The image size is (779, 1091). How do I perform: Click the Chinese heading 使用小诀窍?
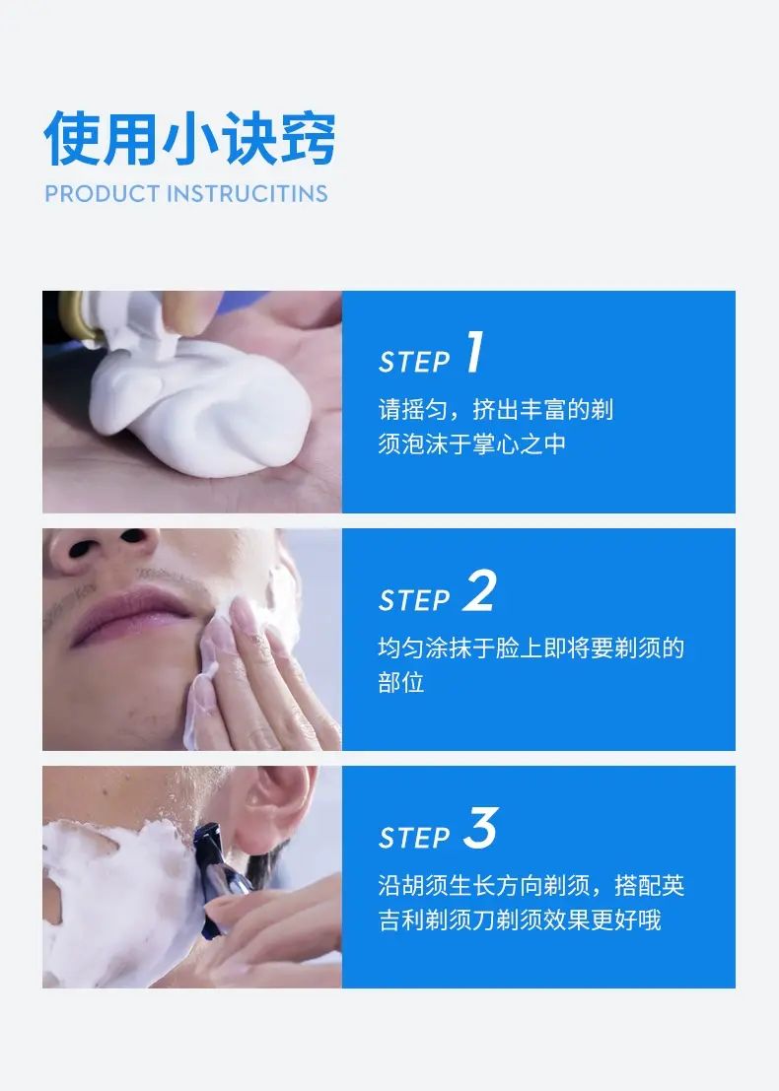tap(189, 138)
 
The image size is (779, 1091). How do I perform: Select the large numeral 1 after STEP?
tap(474, 352)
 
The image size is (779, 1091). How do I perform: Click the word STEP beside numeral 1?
tap(414, 362)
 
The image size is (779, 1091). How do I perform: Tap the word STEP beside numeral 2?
tap(414, 600)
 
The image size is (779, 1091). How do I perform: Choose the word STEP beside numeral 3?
tap(414, 838)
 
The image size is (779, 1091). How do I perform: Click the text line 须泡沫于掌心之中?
tap(472, 443)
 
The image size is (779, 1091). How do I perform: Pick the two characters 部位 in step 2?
tap(401, 682)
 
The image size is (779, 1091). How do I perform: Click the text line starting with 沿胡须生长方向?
tap(531, 885)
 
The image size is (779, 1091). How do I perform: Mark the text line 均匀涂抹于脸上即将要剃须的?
tap(531, 648)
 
